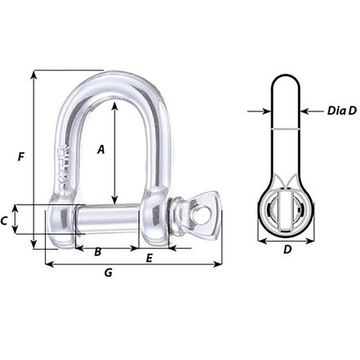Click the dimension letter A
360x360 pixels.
click(x=101, y=149)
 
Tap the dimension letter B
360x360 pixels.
click(x=98, y=252)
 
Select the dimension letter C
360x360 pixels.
click(x=6, y=221)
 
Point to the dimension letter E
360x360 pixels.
click(x=149, y=258)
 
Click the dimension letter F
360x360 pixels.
click(x=21, y=157)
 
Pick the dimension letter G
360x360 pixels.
click(x=108, y=273)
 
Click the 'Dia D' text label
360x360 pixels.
click(x=342, y=110)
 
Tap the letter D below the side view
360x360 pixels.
click(x=287, y=250)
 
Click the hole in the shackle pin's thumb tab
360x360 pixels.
click(x=201, y=215)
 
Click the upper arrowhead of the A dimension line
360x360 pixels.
click(x=115, y=104)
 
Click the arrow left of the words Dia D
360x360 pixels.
click(x=306, y=110)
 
